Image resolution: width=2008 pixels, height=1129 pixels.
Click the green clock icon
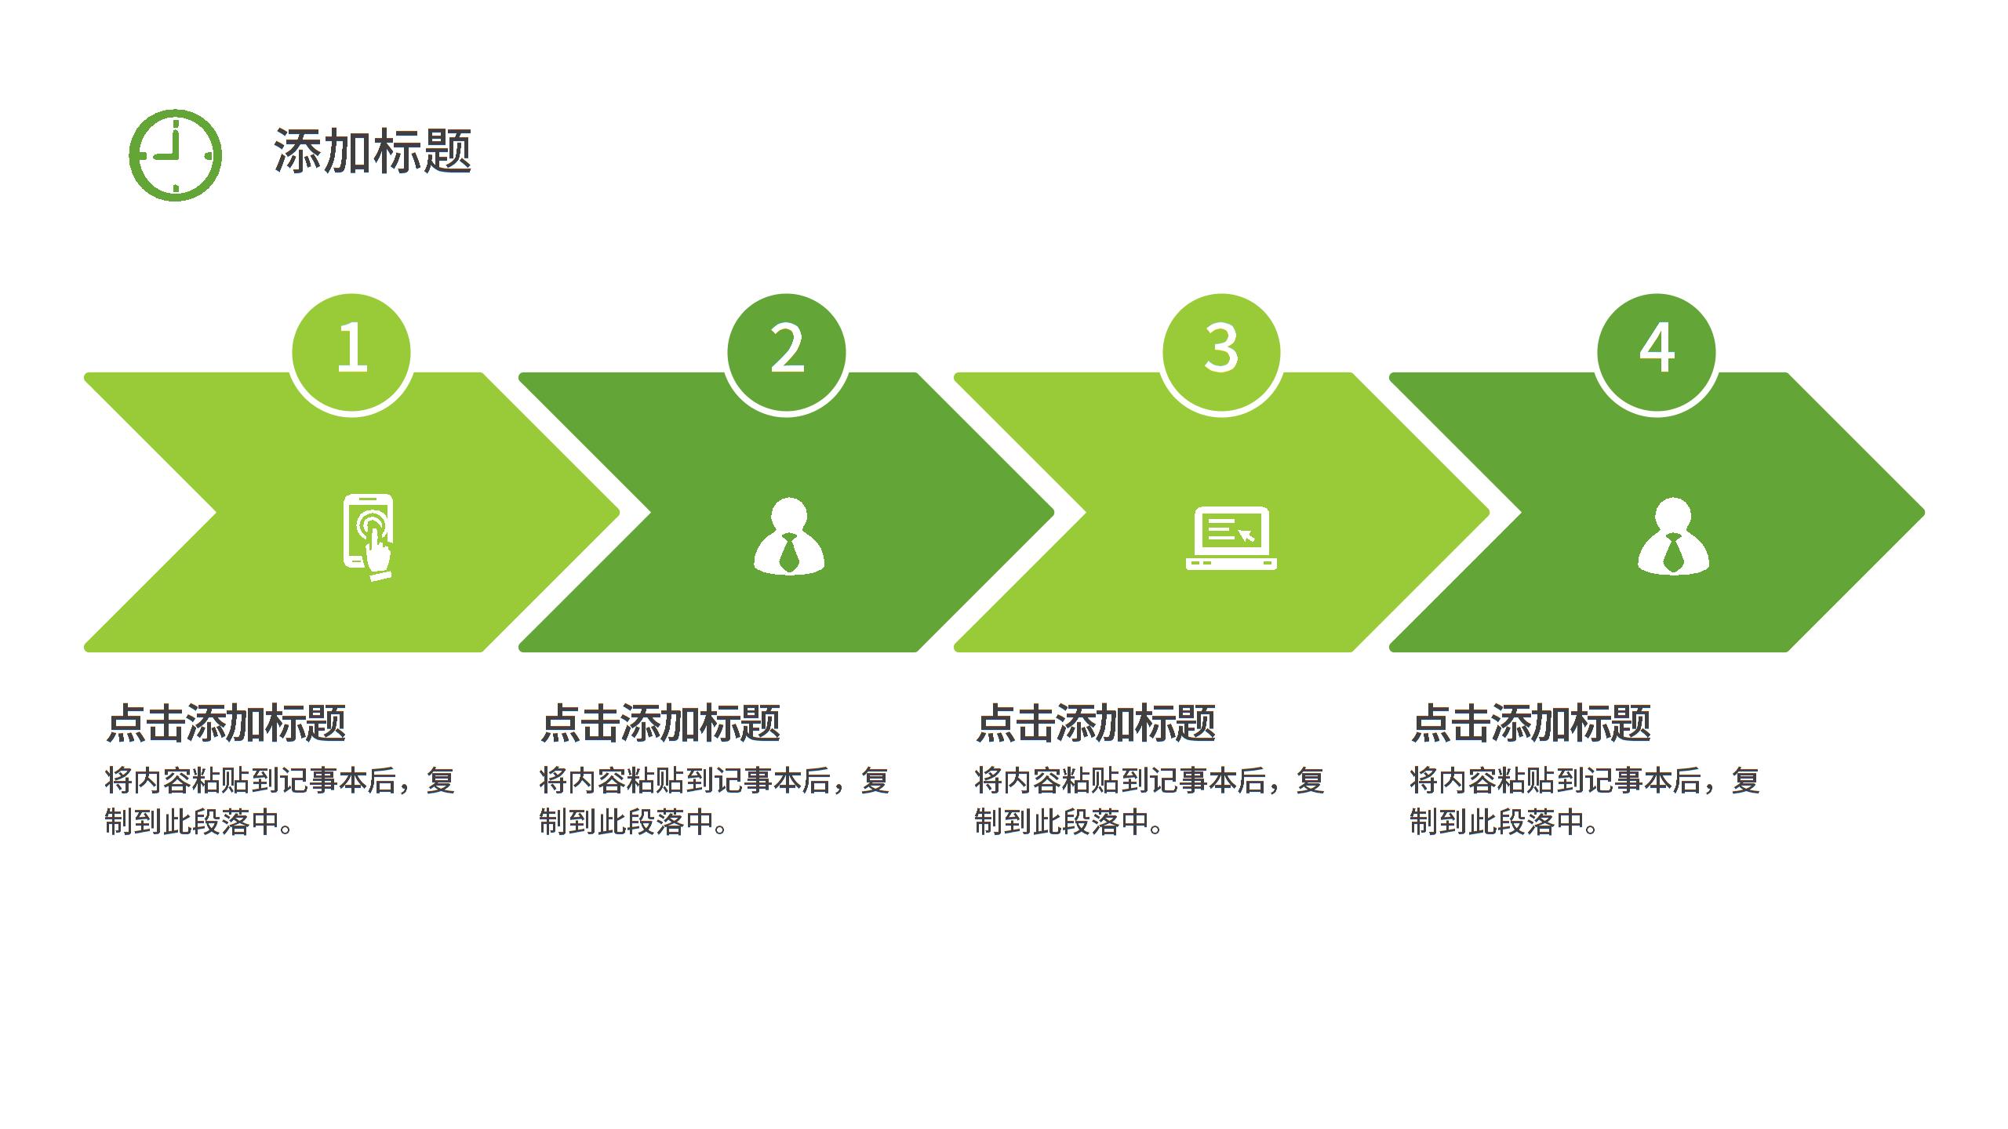[175, 155]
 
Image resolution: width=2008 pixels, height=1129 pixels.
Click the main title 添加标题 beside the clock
[373, 151]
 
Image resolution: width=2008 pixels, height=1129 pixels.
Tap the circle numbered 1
[351, 352]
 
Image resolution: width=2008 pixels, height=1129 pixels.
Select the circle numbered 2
[787, 352]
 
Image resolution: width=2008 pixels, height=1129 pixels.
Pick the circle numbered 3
[1221, 352]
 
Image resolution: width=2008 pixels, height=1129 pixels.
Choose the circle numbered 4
[1657, 352]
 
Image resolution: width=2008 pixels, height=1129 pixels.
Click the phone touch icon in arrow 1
[369, 537]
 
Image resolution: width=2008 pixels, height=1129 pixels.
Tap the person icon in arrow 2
[789, 536]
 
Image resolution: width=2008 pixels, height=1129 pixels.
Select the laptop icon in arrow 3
[1231, 538]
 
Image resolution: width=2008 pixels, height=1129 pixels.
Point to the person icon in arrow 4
[1674, 536]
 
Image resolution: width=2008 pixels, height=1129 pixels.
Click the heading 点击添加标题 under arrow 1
[226, 723]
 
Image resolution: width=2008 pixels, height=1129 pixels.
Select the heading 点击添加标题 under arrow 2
[660, 723]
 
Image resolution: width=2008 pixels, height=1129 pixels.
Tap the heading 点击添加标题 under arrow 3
[1096, 723]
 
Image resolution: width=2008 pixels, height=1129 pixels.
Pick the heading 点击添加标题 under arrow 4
[1531, 723]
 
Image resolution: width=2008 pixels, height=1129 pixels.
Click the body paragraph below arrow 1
[280, 801]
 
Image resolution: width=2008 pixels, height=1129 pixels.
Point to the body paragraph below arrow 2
[715, 801]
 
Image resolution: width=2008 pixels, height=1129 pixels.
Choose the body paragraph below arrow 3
[1150, 801]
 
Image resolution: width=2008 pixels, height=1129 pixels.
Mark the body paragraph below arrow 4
[1585, 801]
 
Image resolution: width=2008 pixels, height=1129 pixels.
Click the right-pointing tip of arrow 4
[1923, 513]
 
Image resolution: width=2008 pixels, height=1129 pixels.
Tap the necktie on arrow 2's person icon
[789, 553]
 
